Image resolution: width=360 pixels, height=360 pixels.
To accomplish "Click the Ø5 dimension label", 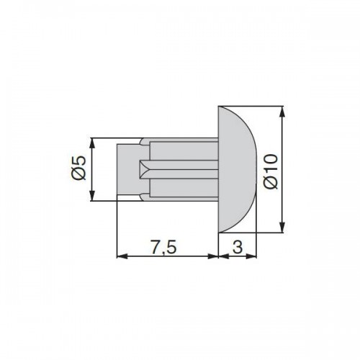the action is point(79,168).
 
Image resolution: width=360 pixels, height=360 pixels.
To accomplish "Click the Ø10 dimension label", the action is point(271,171).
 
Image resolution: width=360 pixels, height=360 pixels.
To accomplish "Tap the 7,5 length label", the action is point(163,247).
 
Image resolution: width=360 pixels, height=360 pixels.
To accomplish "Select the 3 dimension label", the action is point(238,246).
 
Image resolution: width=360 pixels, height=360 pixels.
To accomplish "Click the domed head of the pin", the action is point(236,169).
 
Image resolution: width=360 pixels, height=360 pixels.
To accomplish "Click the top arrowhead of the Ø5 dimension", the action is point(92,143).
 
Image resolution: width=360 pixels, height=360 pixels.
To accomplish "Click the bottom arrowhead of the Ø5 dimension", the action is point(92,195).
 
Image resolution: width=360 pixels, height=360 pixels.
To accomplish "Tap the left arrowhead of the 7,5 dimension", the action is point(122,256).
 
